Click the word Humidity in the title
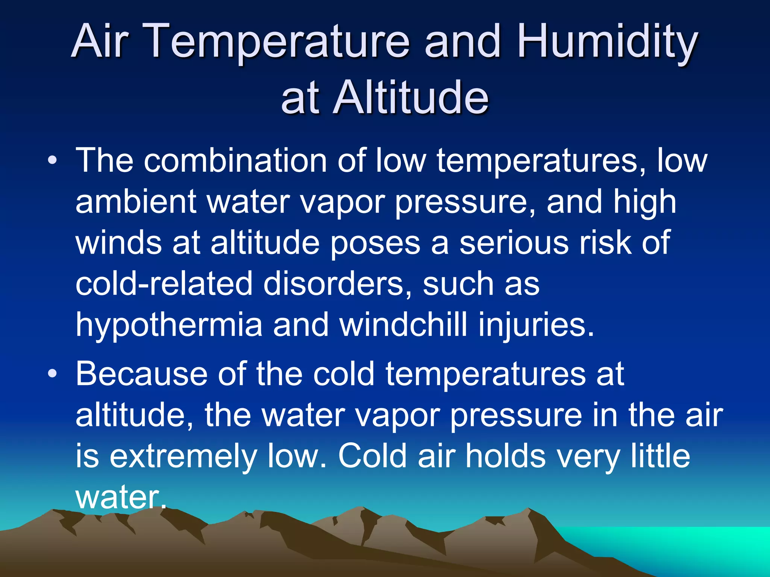607,42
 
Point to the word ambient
136,202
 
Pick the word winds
118,243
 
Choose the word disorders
337,284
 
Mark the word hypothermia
169,325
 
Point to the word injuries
536,325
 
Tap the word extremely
183,456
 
